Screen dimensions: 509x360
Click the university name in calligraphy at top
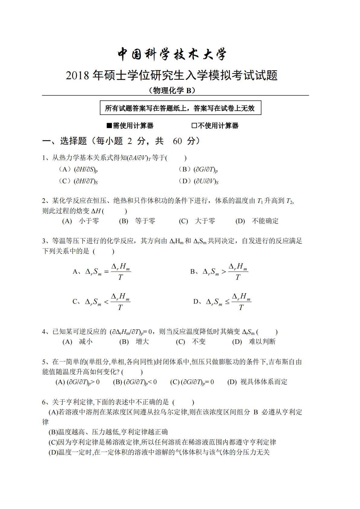coord(172,54)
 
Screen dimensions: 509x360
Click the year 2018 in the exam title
coord(77,76)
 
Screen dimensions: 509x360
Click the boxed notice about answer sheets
coord(180,108)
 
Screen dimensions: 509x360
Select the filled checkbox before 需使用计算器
coord(109,126)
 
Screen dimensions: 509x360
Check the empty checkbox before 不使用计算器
coord(194,126)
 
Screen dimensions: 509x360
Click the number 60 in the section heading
coord(177,141)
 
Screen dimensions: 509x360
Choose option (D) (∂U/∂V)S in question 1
coord(206,181)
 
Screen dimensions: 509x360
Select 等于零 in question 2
coord(145,221)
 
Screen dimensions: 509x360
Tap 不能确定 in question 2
coord(265,221)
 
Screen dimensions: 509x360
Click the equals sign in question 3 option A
coord(106,272)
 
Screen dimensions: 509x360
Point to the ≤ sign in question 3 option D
coord(227,302)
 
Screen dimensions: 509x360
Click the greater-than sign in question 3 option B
coord(224,272)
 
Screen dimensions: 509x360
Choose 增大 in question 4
coord(142,342)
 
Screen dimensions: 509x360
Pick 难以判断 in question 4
coord(262,342)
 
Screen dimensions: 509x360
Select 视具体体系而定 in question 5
coord(263,382)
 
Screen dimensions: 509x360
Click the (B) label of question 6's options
coord(53,432)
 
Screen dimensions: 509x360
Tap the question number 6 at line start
coord(44,402)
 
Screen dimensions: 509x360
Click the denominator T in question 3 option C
coord(120,308)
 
